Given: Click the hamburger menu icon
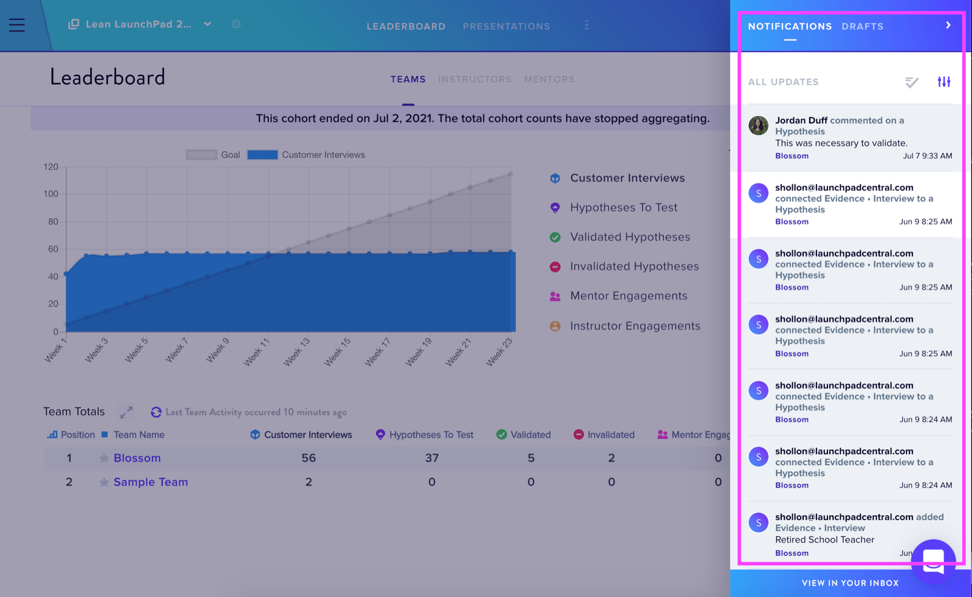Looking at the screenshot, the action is [17, 25].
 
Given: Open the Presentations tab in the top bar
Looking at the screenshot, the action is [507, 27].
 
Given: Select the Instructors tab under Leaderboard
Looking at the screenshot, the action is [474, 80].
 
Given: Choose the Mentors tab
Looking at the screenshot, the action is [549, 80].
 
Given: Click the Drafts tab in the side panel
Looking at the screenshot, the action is [863, 27].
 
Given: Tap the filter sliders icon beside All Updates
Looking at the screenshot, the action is [944, 81].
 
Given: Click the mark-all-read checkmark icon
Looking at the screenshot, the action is [912, 82].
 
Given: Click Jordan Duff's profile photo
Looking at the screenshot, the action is [759, 126].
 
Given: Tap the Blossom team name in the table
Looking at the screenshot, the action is [137, 458].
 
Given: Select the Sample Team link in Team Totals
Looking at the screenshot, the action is [151, 482].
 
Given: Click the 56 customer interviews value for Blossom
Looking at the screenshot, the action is [309, 458].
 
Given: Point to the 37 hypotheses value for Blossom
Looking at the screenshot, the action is [432, 458].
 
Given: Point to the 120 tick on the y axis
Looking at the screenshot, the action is [51, 167].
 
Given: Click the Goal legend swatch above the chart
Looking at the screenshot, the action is [201, 155].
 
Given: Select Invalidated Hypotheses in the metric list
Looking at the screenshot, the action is [634, 267].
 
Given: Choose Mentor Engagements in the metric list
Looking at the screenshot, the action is [628, 296].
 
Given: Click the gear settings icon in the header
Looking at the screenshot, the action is [236, 24].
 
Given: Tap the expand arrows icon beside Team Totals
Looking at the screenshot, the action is [126, 412].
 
